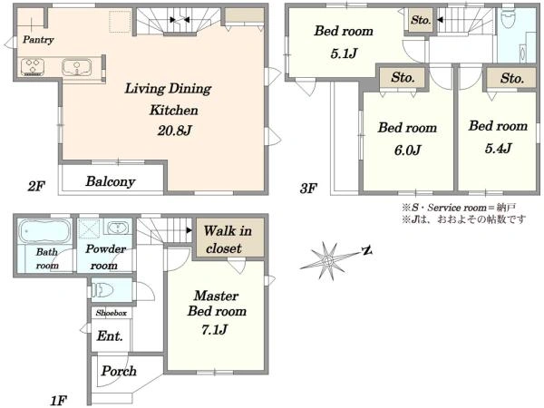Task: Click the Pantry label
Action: click(38, 40)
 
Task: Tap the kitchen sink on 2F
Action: click(77, 67)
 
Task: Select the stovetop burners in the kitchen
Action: click(33, 66)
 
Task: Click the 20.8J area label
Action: click(174, 131)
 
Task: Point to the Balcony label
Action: click(111, 181)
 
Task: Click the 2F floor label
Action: click(36, 187)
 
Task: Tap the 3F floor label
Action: click(308, 189)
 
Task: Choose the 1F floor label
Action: click(58, 401)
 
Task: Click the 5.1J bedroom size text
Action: click(344, 53)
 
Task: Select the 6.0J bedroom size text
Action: click(407, 150)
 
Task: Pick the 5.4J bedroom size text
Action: click(498, 149)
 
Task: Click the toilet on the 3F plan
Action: click(509, 19)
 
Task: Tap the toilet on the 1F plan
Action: click(103, 290)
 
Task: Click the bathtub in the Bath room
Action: click(44, 231)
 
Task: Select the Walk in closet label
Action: click(228, 239)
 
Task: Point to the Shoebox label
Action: click(111, 313)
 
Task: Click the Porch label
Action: click(119, 371)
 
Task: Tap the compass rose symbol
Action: click(328, 260)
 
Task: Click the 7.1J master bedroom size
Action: click(214, 329)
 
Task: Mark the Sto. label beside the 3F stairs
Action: click(421, 20)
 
